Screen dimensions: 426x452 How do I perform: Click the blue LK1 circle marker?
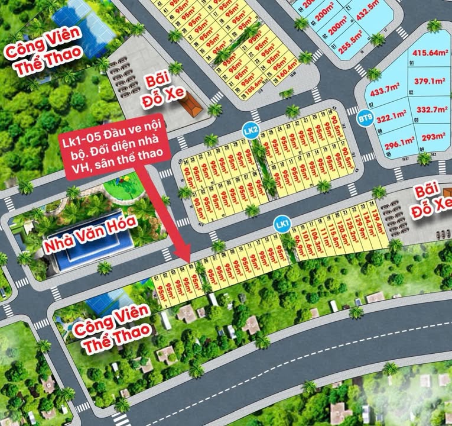tap(282, 224)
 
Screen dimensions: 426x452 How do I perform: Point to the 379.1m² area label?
tap(429, 82)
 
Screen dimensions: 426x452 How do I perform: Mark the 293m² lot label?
tap(433, 137)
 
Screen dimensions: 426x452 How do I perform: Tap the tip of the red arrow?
tap(189, 262)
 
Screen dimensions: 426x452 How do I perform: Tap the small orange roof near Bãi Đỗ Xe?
tap(191, 106)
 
